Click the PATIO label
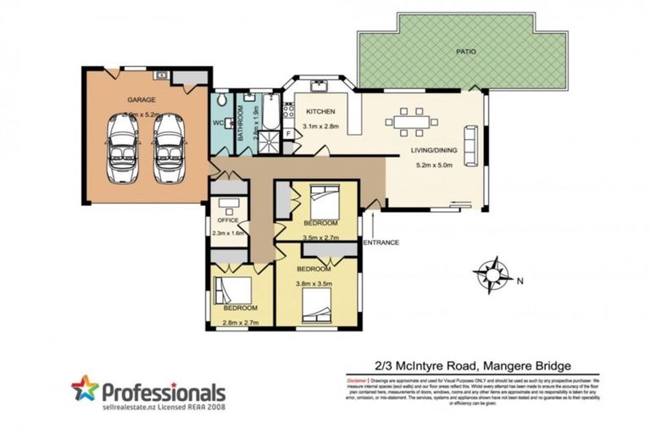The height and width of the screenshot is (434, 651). [465, 52]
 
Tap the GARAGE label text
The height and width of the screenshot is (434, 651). [141, 99]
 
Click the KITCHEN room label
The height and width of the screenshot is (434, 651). [322, 112]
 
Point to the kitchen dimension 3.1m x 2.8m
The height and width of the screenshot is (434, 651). [322, 126]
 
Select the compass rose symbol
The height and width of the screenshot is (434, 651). [491, 274]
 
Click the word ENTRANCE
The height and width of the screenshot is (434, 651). [381, 242]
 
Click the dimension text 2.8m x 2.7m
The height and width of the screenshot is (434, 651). [240, 323]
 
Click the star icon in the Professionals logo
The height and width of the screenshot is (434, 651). [85, 389]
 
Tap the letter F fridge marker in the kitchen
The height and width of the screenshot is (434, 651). [289, 133]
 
